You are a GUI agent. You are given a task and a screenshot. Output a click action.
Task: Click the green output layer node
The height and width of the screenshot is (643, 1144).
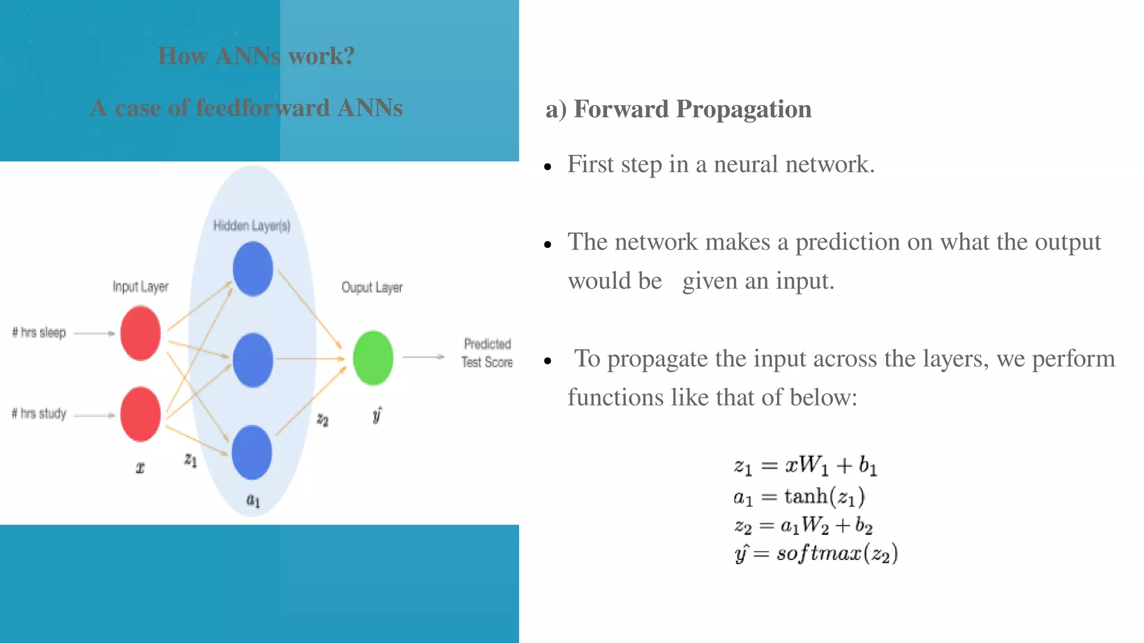tap(373, 358)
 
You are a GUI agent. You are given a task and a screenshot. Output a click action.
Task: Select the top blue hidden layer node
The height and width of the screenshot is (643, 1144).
tap(253, 270)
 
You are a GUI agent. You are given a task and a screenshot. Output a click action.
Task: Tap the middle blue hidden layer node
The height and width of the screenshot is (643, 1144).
tap(253, 360)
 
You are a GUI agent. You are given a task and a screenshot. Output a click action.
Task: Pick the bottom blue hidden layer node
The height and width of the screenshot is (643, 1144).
tap(252, 452)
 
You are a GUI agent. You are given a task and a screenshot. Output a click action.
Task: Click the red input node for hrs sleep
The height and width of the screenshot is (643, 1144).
tap(140, 333)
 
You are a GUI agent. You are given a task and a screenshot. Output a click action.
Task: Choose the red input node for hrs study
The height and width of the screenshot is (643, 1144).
tap(140, 414)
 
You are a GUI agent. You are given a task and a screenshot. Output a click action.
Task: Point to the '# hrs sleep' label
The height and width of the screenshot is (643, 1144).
tap(39, 333)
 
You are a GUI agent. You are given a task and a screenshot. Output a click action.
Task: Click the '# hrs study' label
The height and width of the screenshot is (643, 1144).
tap(39, 414)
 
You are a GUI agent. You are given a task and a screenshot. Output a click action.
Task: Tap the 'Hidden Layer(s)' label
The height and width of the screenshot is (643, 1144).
tap(252, 225)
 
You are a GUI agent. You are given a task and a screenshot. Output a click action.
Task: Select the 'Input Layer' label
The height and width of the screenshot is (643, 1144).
tap(140, 287)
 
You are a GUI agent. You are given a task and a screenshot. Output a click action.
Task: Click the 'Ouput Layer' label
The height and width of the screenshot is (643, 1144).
tap(372, 287)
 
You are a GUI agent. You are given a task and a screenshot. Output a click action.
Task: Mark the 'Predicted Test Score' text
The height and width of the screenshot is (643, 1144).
tap(487, 353)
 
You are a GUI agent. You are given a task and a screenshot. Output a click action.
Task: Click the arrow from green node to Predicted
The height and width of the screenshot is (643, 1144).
tap(423, 357)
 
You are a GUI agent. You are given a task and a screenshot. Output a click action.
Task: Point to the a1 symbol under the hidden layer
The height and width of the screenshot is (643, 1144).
tap(253, 500)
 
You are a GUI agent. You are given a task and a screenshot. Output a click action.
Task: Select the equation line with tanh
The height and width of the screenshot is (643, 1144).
tap(799, 496)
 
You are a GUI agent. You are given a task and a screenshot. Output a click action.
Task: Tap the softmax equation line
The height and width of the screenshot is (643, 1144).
tap(816, 554)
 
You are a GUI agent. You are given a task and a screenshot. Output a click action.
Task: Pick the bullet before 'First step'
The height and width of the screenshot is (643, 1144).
tap(547, 167)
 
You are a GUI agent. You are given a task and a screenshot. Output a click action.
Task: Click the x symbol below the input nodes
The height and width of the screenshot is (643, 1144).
tap(140, 468)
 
